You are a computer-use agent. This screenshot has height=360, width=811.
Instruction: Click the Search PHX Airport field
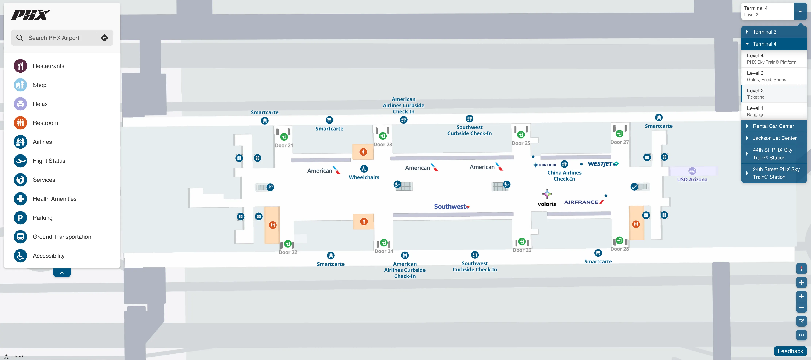pyautogui.click(x=53, y=38)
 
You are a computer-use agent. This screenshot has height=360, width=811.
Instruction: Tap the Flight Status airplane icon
pyautogui.click(x=20, y=161)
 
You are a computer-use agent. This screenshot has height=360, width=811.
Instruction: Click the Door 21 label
pyautogui.click(x=284, y=145)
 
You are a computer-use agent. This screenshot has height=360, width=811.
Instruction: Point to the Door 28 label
pyautogui.click(x=619, y=249)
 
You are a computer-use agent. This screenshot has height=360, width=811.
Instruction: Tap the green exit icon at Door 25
pyautogui.click(x=521, y=135)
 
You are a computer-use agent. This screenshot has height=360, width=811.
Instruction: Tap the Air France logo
pyautogui.click(x=583, y=202)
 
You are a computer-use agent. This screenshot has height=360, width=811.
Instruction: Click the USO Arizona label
pyautogui.click(x=692, y=179)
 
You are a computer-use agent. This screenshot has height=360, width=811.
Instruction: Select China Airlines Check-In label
pyautogui.click(x=564, y=176)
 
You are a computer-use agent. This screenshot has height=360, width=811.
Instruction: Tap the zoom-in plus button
pyautogui.click(x=801, y=296)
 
